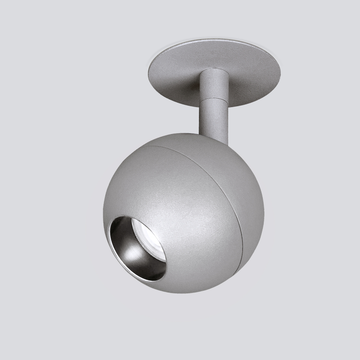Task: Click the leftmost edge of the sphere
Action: [103, 211]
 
